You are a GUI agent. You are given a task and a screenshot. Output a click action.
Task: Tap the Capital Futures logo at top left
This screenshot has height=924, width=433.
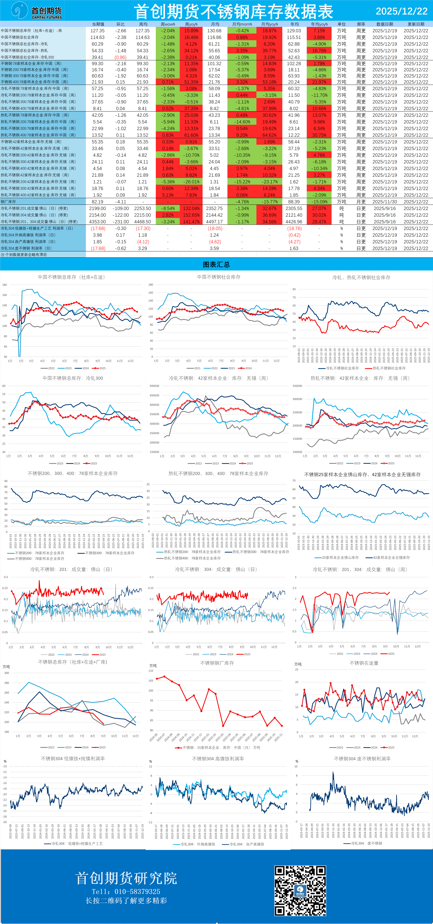tap(36, 11)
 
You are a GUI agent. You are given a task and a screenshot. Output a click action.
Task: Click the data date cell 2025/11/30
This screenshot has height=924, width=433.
tap(385, 202)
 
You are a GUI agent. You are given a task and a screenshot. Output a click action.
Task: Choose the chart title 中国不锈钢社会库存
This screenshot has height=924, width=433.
tap(219, 277)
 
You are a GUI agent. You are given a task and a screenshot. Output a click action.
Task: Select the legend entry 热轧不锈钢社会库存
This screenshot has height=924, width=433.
tap(389, 368)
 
